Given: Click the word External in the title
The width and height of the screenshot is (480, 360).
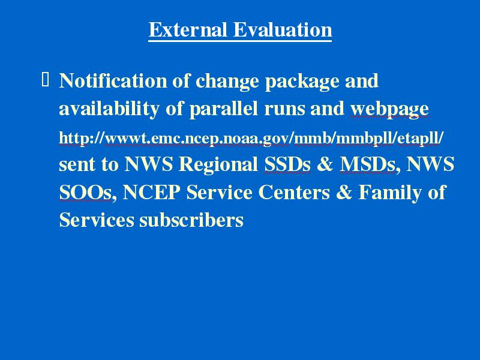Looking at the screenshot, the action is click(188, 29).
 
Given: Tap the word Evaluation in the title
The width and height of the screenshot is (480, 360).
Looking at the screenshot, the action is click(283, 29).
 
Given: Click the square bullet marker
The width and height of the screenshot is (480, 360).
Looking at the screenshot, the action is click(45, 79).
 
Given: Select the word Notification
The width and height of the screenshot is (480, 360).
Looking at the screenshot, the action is click(113, 80).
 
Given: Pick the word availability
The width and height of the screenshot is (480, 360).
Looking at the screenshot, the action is click(109, 109).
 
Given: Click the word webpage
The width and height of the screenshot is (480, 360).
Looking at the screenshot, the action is click(389, 110).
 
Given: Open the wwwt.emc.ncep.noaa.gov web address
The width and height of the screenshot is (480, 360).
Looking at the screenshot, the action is click(251, 138).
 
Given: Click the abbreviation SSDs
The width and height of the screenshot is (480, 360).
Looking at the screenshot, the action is click(287, 164).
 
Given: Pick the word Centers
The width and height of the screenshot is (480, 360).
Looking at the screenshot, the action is click(294, 192).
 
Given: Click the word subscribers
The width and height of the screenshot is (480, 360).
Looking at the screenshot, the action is click(191, 220).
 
